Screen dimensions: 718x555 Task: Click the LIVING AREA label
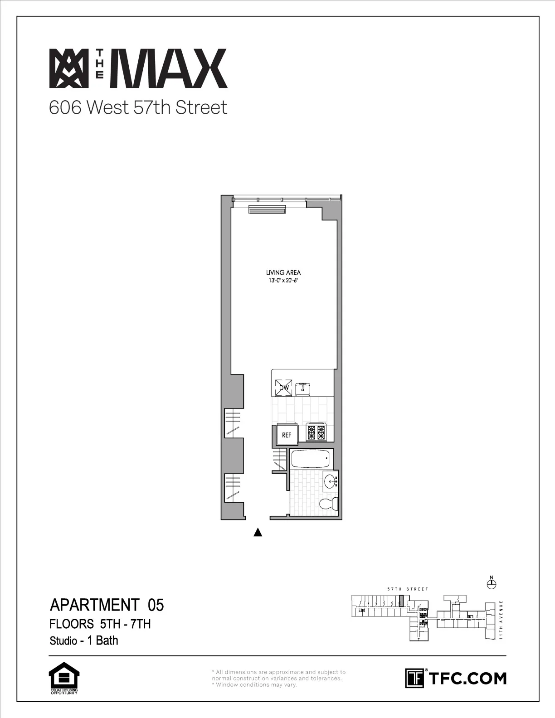(283, 272)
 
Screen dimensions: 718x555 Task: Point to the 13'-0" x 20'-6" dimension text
(283, 280)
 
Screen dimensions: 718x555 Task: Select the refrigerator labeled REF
(287, 435)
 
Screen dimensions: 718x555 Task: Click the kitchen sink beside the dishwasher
(303, 388)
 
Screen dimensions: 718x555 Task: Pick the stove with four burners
(316, 432)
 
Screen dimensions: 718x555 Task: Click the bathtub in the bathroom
(310, 459)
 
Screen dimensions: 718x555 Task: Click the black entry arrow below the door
(258, 532)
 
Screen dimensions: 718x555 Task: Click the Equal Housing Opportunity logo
(63, 678)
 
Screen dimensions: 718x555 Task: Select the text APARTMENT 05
(107, 605)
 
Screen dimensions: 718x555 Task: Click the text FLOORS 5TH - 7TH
(100, 624)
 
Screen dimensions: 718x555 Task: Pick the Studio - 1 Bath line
(84, 640)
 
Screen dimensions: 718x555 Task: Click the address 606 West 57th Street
(138, 108)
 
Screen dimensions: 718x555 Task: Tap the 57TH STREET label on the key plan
(407, 589)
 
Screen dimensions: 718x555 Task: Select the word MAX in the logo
(171, 68)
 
